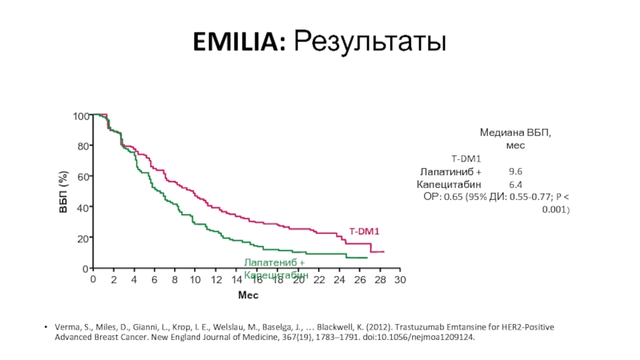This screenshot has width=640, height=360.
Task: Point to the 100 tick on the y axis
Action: [x=80, y=117]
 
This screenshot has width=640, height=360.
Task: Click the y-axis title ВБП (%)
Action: [x=63, y=193]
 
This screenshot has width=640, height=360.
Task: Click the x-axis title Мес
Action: [x=248, y=296]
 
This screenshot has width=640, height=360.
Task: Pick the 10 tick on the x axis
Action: [x=195, y=280]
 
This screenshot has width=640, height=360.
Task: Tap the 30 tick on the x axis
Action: [x=401, y=280]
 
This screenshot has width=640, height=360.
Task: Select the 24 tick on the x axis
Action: [x=339, y=280]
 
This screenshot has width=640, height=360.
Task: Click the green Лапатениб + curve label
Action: [x=274, y=262]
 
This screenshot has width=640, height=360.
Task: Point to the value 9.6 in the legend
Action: [x=515, y=171]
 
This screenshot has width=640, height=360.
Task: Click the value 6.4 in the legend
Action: [x=515, y=184]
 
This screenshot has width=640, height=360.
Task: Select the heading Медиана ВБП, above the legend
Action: [x=515, y=132]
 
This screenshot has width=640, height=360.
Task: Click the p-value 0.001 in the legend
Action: [x=554, y=209]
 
